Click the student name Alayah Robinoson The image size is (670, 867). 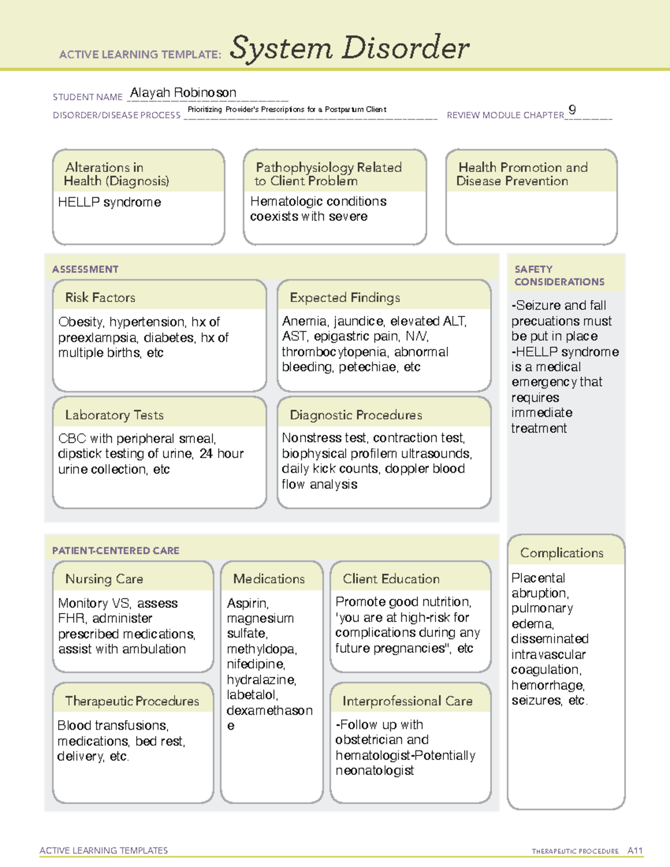click(183, 93)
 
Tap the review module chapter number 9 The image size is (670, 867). click(572, 109)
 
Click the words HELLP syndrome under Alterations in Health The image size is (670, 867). click(109, 202)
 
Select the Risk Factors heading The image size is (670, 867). click(100, 298)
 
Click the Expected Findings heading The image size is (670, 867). click(344, 298)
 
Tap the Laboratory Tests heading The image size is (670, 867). click(114, 415)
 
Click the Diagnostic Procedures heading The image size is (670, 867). click(356, 415)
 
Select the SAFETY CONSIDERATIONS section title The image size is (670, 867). click(559, 275)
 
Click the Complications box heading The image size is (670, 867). click(561, 553)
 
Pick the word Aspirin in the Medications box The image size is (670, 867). click(247, 603)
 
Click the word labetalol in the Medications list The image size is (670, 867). click(252, 695)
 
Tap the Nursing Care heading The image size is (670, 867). click(104, 579)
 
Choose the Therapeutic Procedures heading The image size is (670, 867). click(132, 701)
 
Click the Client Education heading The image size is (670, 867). click(391, 579)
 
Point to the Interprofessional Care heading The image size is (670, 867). click(407, 701)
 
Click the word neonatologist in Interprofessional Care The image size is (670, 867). click(375, 771)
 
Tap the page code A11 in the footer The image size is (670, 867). click(635, 851)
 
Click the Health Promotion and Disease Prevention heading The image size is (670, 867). click(522, 174)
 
